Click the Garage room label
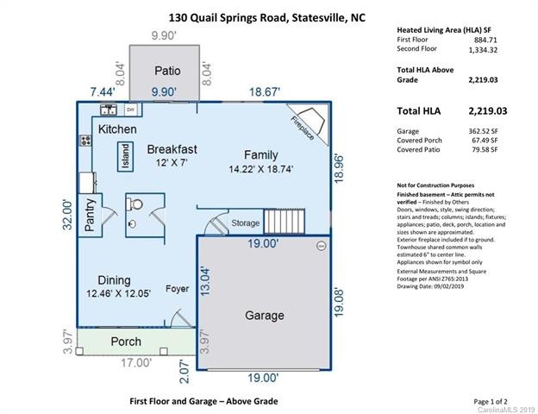pyautogui.click(x=264, y=316)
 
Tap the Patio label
pyautogui.click(x=167, y=71)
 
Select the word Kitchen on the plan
pyautogui.click(x=117, y=129)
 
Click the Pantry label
pyautogui.click(x=90, y=215)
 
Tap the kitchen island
pyautogui.click(x=126, y=156)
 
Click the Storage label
pyautogui.click(x=245, y=224)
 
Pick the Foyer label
pyautogui.click(x=178, y=289)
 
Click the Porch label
pyautogui.click(x=127, y=342)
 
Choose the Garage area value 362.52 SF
pyautogui.click(x=485, y=130)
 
